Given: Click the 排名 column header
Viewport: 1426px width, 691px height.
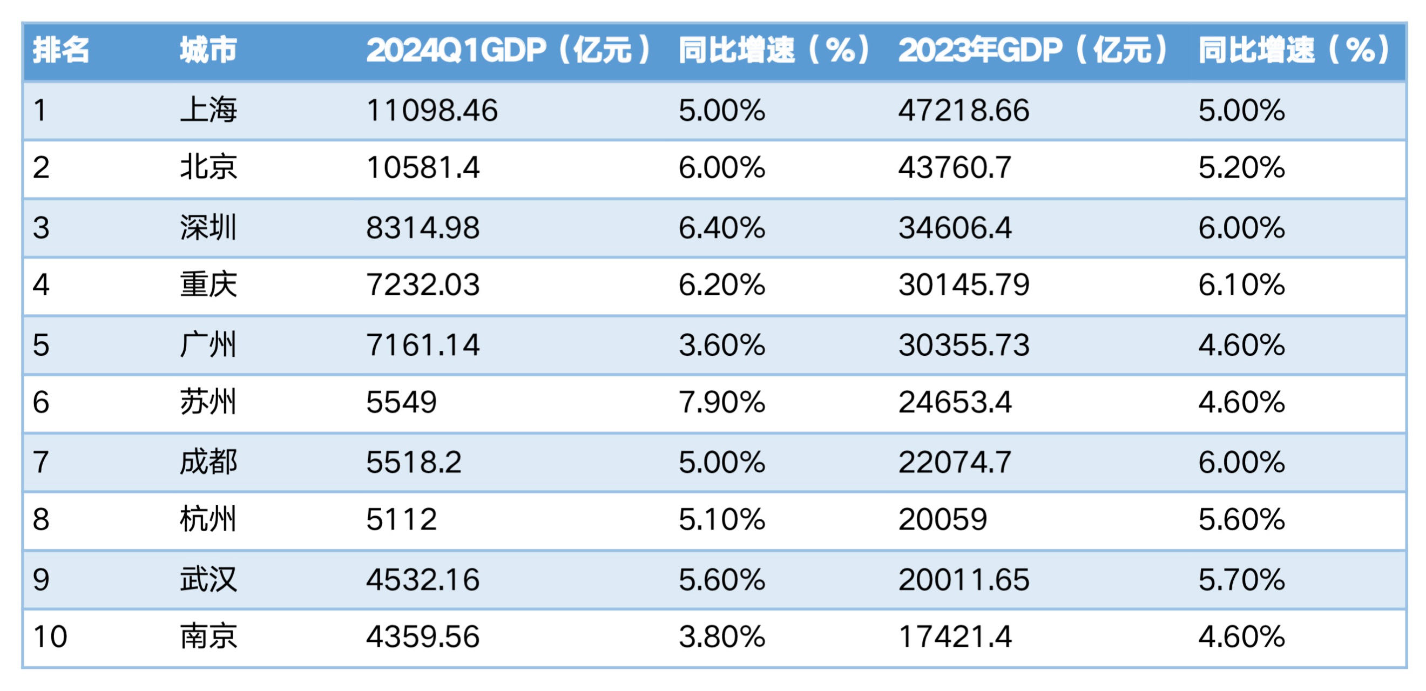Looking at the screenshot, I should coord(61,50).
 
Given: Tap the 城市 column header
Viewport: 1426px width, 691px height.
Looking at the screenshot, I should coord(208,50).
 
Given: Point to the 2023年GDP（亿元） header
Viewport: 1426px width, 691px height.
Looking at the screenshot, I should coord(1033,50).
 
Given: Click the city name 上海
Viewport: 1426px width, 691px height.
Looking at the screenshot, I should coord(208,110).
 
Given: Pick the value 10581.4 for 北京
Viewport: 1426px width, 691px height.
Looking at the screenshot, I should coord(423,167).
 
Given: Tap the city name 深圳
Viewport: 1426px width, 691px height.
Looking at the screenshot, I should coord(208,228).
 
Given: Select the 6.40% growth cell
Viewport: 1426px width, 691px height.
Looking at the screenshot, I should coord(722,228).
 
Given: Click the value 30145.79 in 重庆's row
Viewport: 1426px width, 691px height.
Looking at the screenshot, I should coord(964,285).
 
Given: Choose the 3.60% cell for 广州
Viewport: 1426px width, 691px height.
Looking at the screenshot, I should coord(722,345).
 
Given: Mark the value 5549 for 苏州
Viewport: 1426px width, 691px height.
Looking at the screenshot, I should coord(401,402).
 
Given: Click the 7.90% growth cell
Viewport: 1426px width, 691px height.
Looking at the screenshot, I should coord(722,402).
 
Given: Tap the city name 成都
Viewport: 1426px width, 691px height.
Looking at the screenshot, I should coord(208,462).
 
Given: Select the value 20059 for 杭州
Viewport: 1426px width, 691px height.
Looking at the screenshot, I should coord(943,519).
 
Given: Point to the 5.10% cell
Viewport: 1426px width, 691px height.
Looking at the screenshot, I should coord(722,519).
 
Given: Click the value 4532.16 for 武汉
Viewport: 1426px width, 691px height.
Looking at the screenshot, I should coord(423,580).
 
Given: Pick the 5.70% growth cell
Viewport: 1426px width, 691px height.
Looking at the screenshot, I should coord(1242,580).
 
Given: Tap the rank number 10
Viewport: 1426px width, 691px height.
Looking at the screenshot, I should coord(50,636).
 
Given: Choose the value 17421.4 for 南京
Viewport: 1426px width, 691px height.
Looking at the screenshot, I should coord(955,636).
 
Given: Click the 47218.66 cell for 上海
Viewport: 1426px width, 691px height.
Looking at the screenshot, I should coord(964,110).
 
